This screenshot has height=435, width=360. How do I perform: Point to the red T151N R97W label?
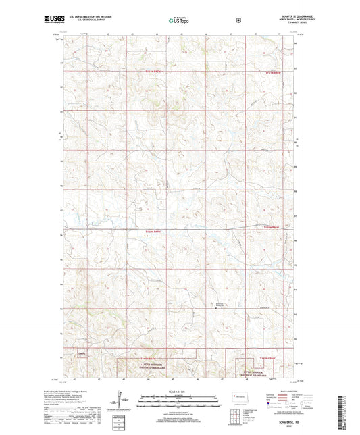point(153,71)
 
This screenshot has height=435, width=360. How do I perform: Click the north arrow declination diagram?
point(122,405)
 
